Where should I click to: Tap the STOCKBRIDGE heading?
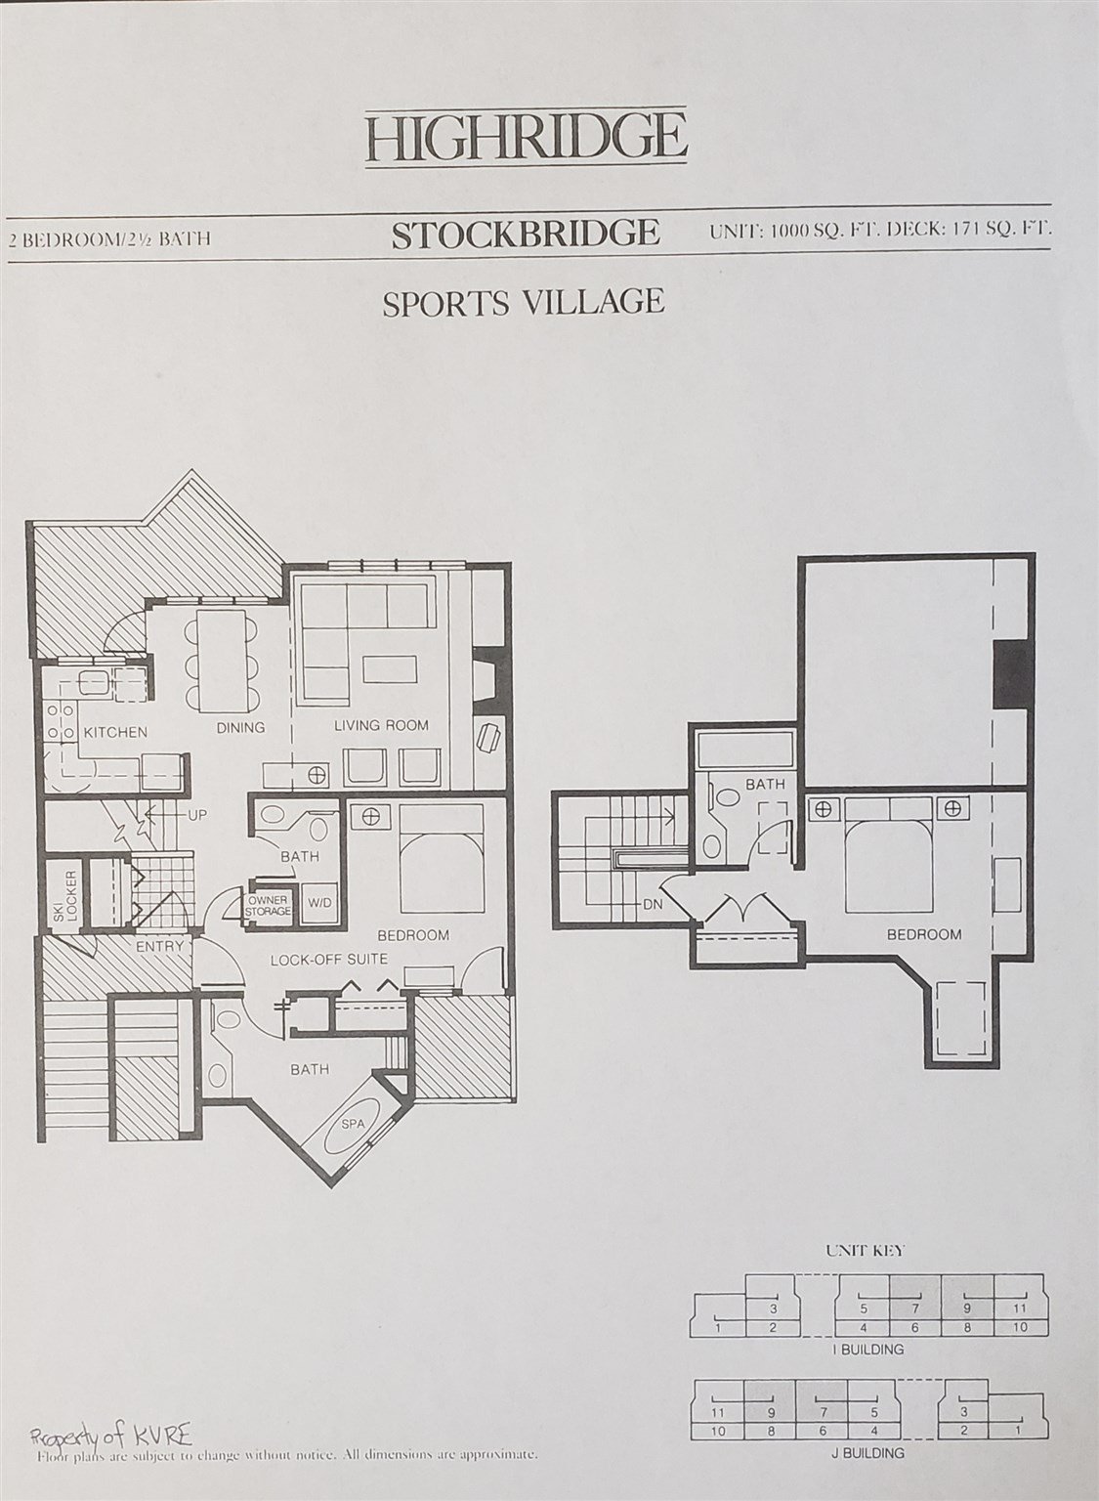[526, 234]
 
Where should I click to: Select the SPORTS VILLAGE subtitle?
[524, 302]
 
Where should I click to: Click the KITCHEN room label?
[115, 732]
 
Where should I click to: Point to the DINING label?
[240, 727]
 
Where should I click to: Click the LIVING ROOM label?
[381, 725]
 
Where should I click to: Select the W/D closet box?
[320, 903]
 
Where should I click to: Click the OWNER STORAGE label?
[269, 906]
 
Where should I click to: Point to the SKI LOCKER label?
[65, 895]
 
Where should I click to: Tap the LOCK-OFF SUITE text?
[329, 960]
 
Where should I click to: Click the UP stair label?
[197, 816]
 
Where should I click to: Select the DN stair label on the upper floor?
[653, 905]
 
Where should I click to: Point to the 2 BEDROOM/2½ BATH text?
[109, 239]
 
